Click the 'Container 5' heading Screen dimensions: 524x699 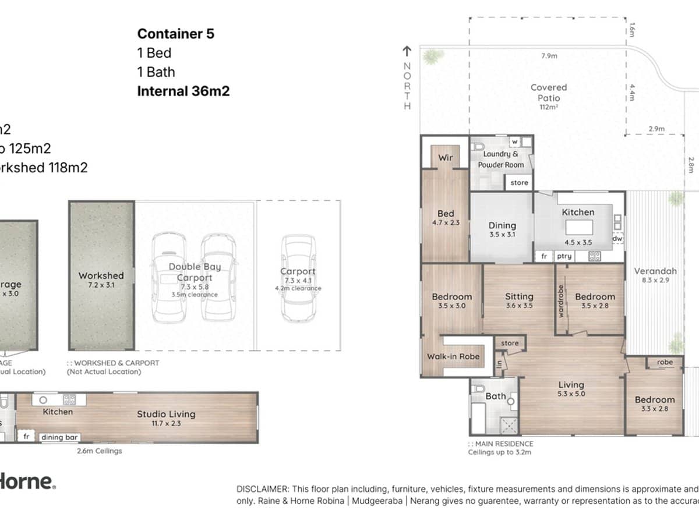175,34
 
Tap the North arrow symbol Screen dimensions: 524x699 407,52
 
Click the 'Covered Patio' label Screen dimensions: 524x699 548,93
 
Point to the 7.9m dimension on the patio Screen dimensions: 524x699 549,56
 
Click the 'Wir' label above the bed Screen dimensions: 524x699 445,158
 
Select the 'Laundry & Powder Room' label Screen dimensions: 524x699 500,160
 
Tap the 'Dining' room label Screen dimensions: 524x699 502,225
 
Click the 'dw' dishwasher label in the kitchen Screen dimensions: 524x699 617,238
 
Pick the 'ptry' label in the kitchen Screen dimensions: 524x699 564,256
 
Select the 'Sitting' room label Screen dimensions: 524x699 519,296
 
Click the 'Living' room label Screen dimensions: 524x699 571,385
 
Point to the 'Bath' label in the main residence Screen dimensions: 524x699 496,396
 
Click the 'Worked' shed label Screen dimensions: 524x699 101,275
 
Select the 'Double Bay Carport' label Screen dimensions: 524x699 195,271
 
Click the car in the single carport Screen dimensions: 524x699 298,278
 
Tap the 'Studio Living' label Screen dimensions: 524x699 166,414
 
